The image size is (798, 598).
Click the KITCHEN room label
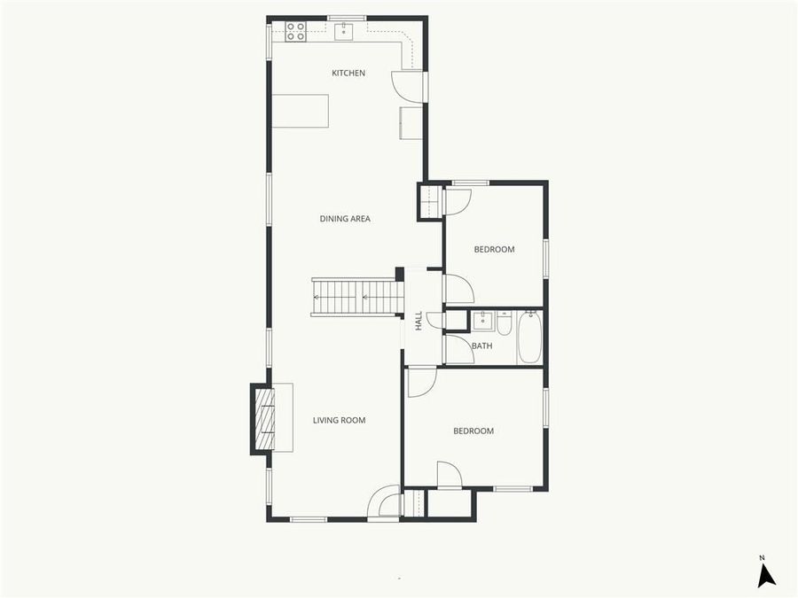(x=348, y=73)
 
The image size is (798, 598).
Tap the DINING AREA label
(x=345, y=219)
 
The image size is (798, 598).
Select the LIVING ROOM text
(x=339, y=420)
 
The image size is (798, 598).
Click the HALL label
(x=419, y=320)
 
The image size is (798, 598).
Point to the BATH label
(x=482, y=346)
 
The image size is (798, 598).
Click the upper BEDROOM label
(x=494, y=250)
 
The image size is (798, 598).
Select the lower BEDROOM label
(x=473, y=431)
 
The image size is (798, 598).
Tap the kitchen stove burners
(x=295, y=32)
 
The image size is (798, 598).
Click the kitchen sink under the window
(x=345, y=33)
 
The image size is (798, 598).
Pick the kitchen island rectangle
(x=300, y=111)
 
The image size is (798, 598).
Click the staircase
(x=356, y=297)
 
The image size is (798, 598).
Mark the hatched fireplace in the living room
(x=265, y=419)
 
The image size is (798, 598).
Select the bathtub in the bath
(x=529, y=338)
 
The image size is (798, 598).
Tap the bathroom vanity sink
(x=483, y=320)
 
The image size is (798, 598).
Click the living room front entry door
(x=385, y=502)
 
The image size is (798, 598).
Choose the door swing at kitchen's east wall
(x=406, y=84)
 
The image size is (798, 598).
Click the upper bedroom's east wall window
(x=546, y=258)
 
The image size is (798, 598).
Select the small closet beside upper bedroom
(x=430, y=202)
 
